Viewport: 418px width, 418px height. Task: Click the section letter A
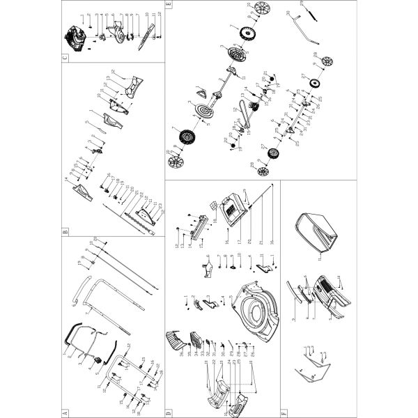coord(65,408)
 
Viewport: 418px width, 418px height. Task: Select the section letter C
coord(65,57)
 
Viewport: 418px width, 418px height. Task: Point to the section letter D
coord(169,408)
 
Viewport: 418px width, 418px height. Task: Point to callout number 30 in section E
coord(288,14)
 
